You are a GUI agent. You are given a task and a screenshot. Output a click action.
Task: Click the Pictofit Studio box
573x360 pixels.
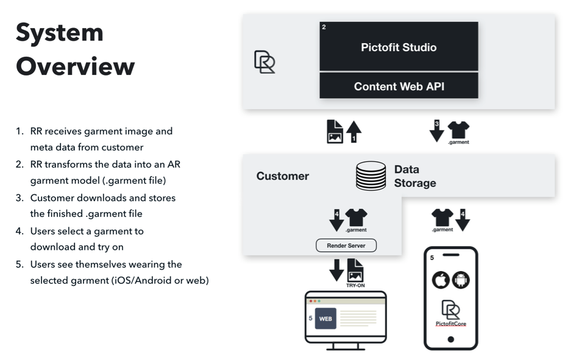pyautogui.click(x=399, y=46)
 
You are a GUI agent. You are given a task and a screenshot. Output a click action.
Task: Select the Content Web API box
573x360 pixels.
pyautogui.click(x=399, y=85)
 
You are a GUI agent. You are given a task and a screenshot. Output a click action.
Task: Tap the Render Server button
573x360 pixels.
pyautogui.click(x=346, y=245)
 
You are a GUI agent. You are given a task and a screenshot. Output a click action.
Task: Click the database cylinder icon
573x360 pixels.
pyautogui.click(x=371, y=176)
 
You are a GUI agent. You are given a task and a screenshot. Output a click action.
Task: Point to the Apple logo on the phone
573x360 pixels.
pyautogui.click(x=441, y=280)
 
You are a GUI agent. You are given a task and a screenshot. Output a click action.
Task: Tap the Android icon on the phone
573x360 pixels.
pyautogui.click(x=461, y=280)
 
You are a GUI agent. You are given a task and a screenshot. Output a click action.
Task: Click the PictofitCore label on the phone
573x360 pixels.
pyautogui.click(x=451, y=323)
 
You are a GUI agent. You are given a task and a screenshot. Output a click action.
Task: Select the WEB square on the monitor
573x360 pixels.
pyautogui.click(x=326, y=319)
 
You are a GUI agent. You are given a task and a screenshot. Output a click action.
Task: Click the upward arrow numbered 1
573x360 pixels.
pyautogui.click(x=354, y=132)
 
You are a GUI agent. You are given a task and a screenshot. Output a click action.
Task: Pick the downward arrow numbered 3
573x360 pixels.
pyautogui.click(x=436, y=131)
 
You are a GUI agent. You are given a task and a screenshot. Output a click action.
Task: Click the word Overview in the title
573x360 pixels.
pyautogui.click(x=75, y=66)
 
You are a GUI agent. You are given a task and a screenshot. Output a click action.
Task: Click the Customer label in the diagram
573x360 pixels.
pyautogui.click(x=282, y=176)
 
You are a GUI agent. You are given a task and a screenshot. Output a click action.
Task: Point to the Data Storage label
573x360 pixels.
pyautogui.click(x=415, y=176)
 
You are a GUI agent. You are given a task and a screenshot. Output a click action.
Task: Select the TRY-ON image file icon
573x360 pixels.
pyautogui.click(x=355, y=270)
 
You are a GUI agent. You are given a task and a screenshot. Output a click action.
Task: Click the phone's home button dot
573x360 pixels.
pyautogui.click(x=451, y=339)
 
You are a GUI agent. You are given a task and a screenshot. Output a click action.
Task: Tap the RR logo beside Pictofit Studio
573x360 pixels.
pyautogui.click(x=265, y=62)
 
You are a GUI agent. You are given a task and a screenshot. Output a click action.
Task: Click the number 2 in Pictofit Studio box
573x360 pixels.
pyautogui.click(x=324, y=27)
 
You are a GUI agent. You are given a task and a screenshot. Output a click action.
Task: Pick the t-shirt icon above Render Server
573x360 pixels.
pyautogui.click(x=357, y=217)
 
